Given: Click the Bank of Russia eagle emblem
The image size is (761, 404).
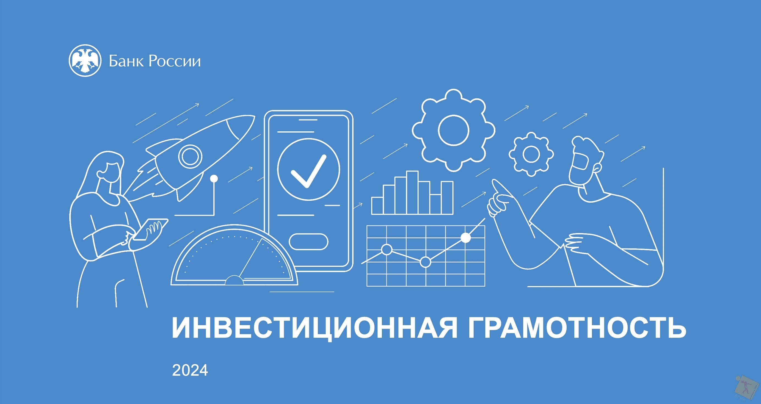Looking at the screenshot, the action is pyautogui.click(x=85, y=60).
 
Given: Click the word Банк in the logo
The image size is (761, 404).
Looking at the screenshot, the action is pyautogui.click(x=126, y=61).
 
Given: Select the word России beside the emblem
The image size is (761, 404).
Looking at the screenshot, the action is pyautogui.click(x=174, y=61).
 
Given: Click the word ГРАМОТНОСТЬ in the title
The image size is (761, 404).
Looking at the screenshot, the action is pyautogui.click(x=577, y=328).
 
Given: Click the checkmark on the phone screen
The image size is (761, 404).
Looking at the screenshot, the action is pyautogui.click(x=308, y=171).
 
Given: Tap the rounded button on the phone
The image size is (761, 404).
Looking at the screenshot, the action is pyautogui.click(x=308, y=242).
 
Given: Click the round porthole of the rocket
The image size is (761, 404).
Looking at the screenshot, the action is pyautogui.click(x=190, y=156).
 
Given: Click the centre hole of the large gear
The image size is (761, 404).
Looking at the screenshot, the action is pyautogui.click(x=453, y=130).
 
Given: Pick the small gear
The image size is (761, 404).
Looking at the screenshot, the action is pyautogui.click(x=531, y=154).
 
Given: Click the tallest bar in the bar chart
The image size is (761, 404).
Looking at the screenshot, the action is pyautogui.click(x=412, y=193).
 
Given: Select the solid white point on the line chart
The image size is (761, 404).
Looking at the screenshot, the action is pyautogui.click(x=465, y=238).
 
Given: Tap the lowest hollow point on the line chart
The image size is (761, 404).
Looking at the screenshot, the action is pyautogui.click(x=425, y=262).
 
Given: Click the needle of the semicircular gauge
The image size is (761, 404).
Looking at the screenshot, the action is pyautogui.click(x=250, y=258).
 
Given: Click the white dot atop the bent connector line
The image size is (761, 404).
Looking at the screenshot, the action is pyautogui.click(x=214, y=178).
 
